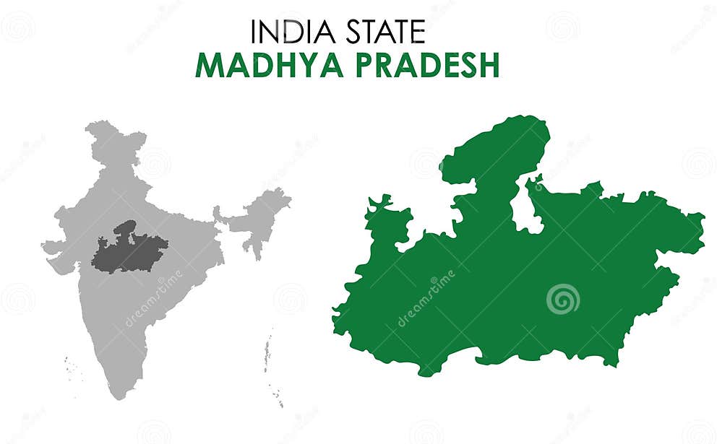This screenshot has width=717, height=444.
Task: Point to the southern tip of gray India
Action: pos(120,393)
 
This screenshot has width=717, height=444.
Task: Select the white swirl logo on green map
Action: pos(562,299)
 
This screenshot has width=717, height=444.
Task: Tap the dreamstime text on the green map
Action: pos(426,298)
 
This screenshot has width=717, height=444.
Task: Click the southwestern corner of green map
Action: pos(340,325)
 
